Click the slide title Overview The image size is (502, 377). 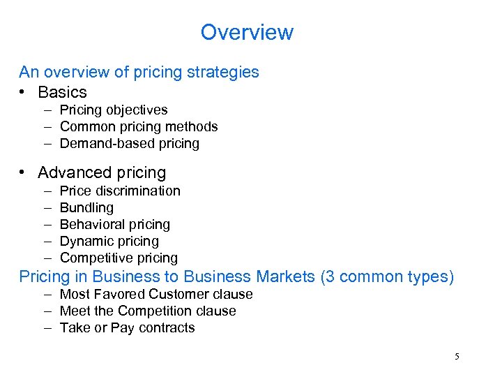click(247, 32)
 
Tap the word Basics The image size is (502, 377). click(62, 92)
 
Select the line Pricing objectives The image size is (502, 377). click(114, 110)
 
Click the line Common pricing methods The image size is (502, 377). click(139, 126)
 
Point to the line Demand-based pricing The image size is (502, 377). click(130, 143)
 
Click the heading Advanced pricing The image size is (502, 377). click(102, 172)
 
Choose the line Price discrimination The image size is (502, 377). click(120, 191)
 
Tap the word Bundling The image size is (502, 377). click(86, 207)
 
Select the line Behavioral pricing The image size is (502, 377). click(115, 224)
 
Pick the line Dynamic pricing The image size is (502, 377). click(109, 241)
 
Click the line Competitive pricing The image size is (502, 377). click(119, 258)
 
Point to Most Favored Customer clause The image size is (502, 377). click(156, 294)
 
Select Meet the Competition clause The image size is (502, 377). click(148, 311)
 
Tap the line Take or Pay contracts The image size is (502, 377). click(128, 327)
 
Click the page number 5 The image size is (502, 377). click(457, 357)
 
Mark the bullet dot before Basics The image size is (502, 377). click(23, 92)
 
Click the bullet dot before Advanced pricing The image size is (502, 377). click(23, 172)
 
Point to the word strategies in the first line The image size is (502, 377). click(225, 72)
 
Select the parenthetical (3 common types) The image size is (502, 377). click(387, 276)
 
